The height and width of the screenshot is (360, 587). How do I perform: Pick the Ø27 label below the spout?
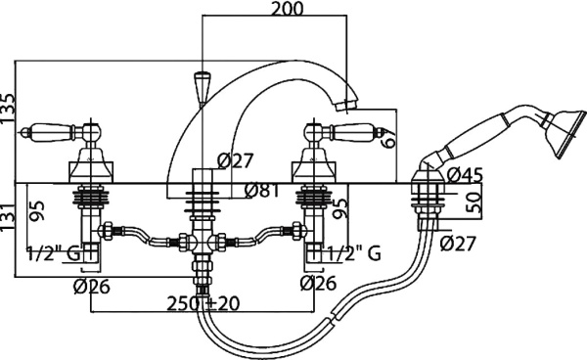(236, 159)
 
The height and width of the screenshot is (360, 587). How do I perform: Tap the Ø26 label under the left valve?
(93, 285)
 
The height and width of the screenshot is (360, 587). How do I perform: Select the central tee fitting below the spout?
(202, 241)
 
